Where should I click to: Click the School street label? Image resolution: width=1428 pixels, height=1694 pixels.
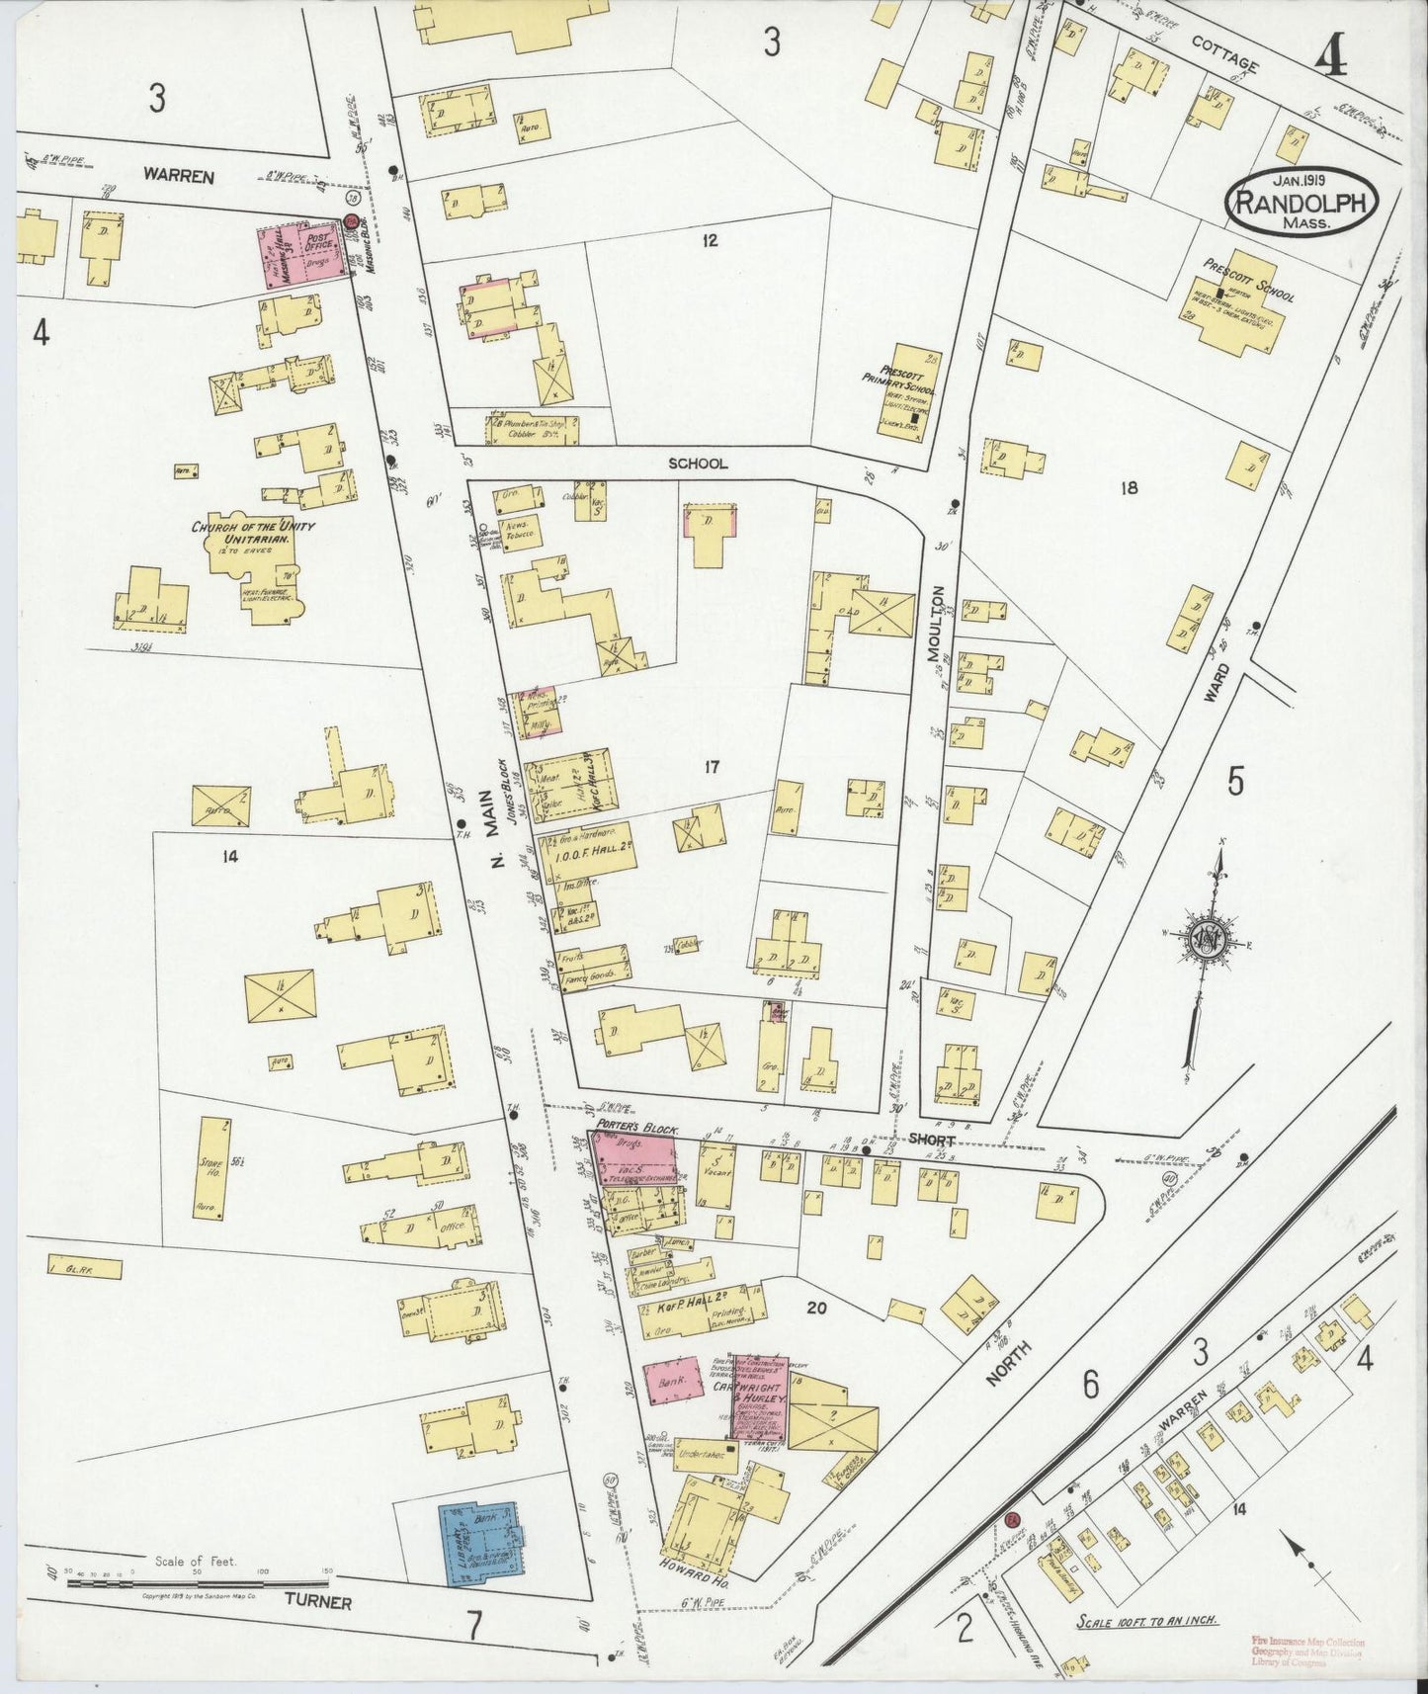point(697,463)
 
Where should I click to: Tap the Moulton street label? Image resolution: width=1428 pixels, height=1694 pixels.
point(937,624)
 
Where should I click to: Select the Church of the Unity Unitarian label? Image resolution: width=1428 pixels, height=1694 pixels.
point(254,534)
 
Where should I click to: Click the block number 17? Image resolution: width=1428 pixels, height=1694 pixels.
point(710,766)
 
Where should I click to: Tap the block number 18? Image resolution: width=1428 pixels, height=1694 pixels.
point(1129,487)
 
